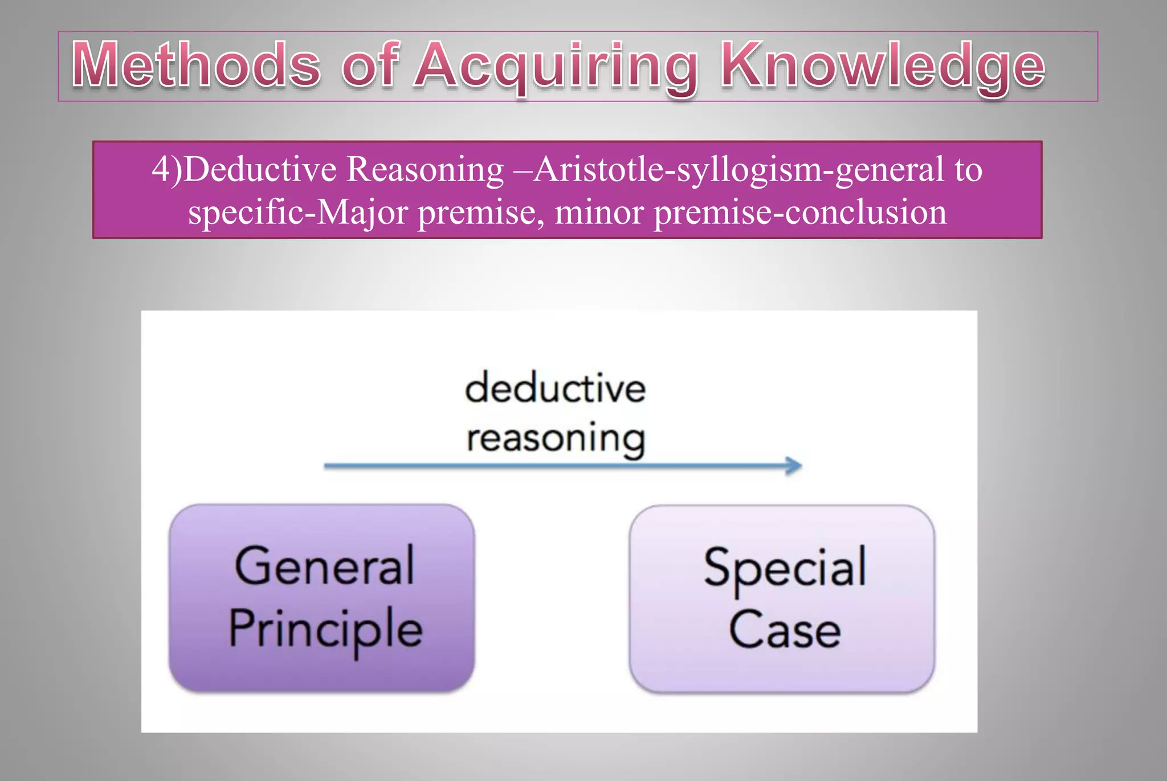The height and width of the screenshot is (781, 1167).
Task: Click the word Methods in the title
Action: [196, 65]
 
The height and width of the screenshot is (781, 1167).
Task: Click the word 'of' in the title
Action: [370, 65]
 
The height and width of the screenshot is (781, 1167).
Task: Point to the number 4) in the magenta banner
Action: [167, 169]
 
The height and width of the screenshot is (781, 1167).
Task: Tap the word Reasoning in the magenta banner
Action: [425, 170]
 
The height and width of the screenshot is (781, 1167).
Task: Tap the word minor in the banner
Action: [599, 212]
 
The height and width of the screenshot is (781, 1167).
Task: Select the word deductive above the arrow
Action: [555, 389]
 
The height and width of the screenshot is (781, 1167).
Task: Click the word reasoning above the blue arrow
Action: [556, 439]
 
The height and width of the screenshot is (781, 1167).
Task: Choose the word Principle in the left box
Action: [325, 629]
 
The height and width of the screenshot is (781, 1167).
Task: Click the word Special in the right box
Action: [785, 568]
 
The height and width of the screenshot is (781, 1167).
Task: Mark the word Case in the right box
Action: [785, 629]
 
